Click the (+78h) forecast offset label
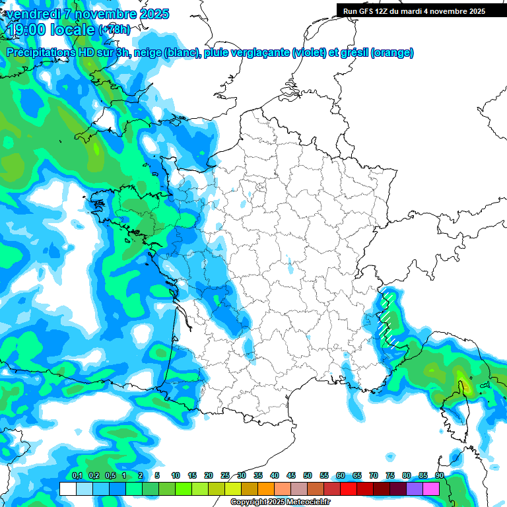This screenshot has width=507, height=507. [x=114, y=30]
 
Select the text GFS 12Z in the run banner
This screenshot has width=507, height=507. [x=374, y=11]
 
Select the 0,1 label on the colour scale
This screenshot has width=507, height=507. [x=77, y=475]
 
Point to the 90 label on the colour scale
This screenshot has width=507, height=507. [x=439, y=475]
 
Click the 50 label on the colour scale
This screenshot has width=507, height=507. [x=307, y=475]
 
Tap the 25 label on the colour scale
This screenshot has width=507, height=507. [x=225, y=475]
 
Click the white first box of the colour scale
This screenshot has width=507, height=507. [x=67, y=489]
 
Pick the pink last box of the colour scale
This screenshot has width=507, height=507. [x=431, y=489]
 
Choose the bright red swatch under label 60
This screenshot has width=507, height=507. [x=348, y=489]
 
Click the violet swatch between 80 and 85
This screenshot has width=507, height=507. [x=415, y=489]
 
